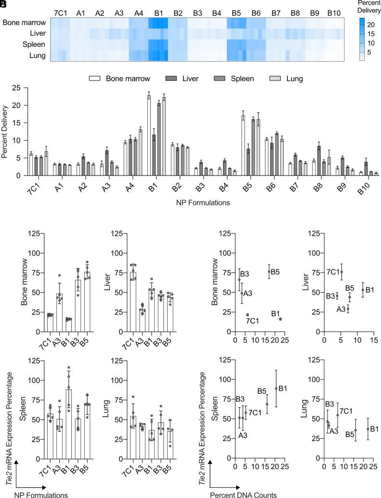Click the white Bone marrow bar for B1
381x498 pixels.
(149, 135)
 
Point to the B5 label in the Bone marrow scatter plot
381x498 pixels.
(276, 272)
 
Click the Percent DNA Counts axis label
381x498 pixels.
(235, 494)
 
